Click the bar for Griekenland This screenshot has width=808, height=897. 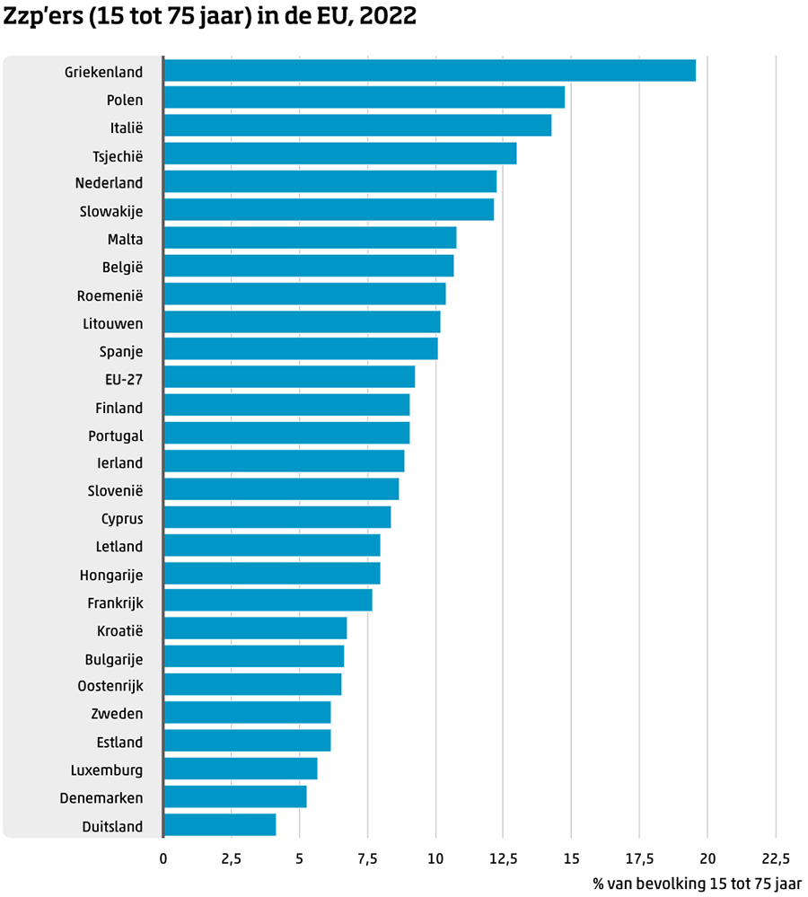click(429, 71)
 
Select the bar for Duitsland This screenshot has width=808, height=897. click(220, 825)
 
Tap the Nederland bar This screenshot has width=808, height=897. click(329, 182)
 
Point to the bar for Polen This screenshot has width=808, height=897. click(364, 99)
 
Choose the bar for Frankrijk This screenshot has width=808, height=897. click(268, 601)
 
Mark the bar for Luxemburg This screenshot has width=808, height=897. click(241, 769)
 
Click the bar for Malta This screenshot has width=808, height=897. click(310, 238)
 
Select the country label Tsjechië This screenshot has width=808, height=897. click(118, 155)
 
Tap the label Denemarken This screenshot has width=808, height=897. click(101, 797)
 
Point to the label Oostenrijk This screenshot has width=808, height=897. click(104, 686)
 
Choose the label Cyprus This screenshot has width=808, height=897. click(122, 518)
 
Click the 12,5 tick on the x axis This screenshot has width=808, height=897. click(504, 858)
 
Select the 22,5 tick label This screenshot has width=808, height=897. click(776, 858)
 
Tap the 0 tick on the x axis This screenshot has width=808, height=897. click(163, 858)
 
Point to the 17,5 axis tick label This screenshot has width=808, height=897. click(639, 858)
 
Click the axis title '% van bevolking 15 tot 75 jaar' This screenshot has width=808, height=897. click(698, 884)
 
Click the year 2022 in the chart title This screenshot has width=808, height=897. click(387, 17)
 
